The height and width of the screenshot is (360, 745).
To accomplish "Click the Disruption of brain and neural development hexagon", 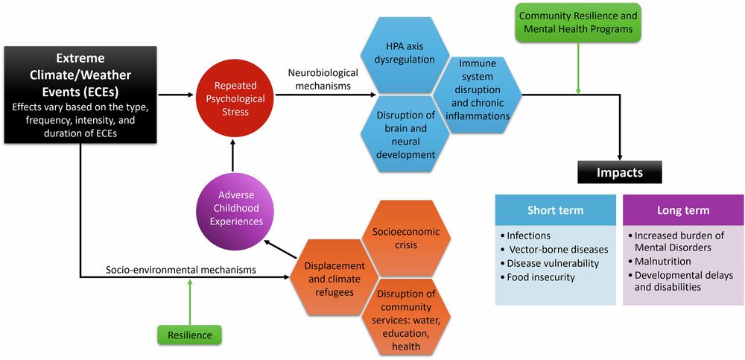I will (x=405, y=134).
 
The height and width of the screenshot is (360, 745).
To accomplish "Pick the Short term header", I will (x=555, y=209).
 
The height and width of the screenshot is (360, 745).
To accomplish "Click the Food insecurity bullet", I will (x=543, y=277).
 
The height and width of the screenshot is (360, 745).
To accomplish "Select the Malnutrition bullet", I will (x=663, y=262).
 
